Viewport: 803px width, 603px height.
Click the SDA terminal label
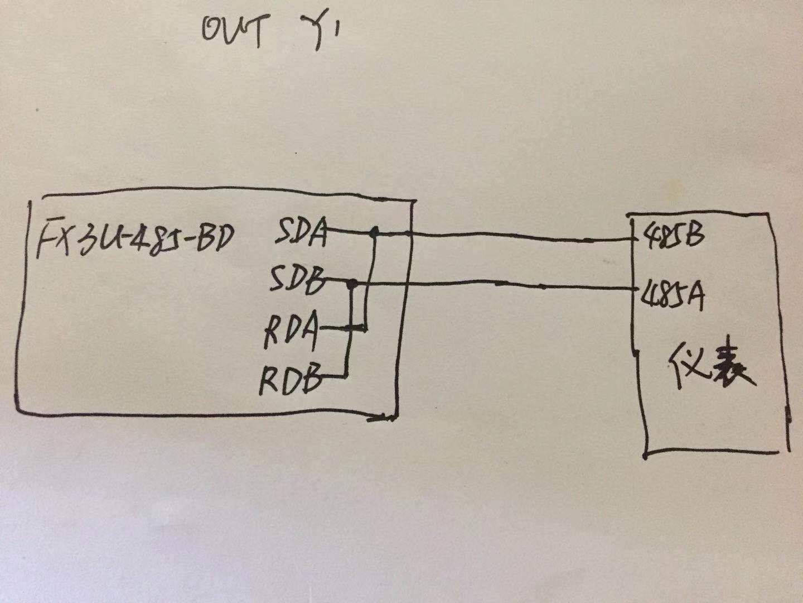302,234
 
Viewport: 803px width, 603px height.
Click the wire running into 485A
502,285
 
